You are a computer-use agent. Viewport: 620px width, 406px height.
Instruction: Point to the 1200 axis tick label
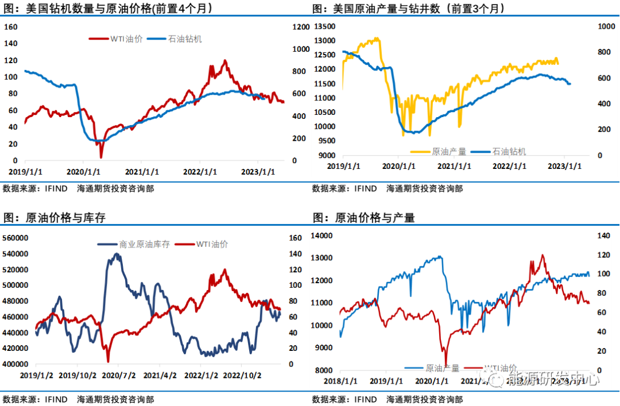(x=300, y=27)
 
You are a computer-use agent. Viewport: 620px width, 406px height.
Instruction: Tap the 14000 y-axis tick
(x=322, y=235)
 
